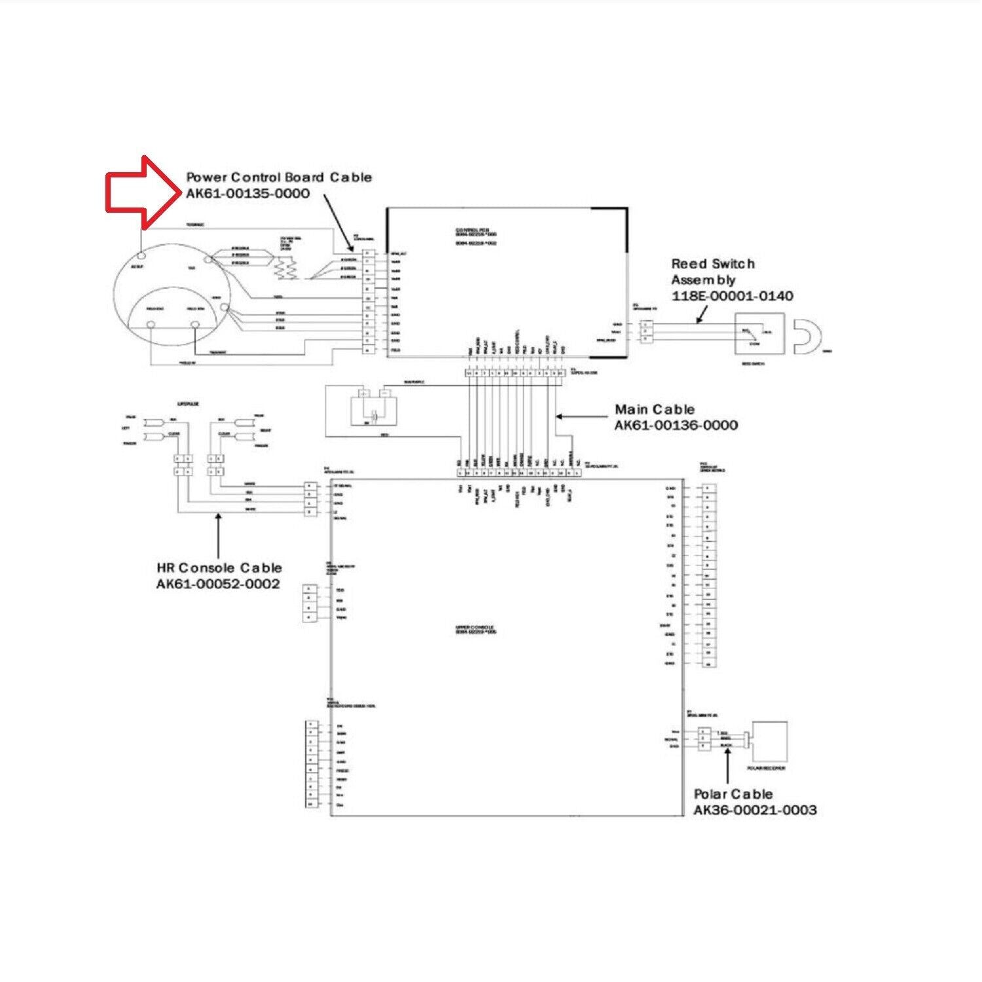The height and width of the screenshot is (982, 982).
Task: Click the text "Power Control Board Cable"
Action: pyautogui.click(x=279, y=177)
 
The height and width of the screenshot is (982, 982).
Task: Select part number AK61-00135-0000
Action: pyautogui.click(x=247, y=194)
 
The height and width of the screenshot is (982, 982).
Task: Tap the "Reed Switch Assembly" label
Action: pyautogui.click(x=712, y=272)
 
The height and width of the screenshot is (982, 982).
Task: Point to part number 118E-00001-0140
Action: pyautogui.click(x=732, y=296)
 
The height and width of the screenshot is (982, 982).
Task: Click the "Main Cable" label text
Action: pyautogui.click(x=654, y=410)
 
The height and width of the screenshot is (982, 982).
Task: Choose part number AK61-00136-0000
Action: pyautogui.click(x=676, y=426)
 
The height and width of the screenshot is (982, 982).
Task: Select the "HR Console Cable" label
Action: pyautogui.click(x=219, y=568)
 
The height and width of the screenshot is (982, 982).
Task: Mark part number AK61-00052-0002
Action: pyautogui.click(x=217, y=584)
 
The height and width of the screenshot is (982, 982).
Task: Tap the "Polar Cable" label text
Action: pyautogui.click(x=733, y=794)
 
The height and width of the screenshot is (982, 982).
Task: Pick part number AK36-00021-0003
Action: pyautogui.click(x=755, y=810)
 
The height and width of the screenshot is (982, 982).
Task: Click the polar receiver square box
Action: pyautogui.click(x=770, y=741)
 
